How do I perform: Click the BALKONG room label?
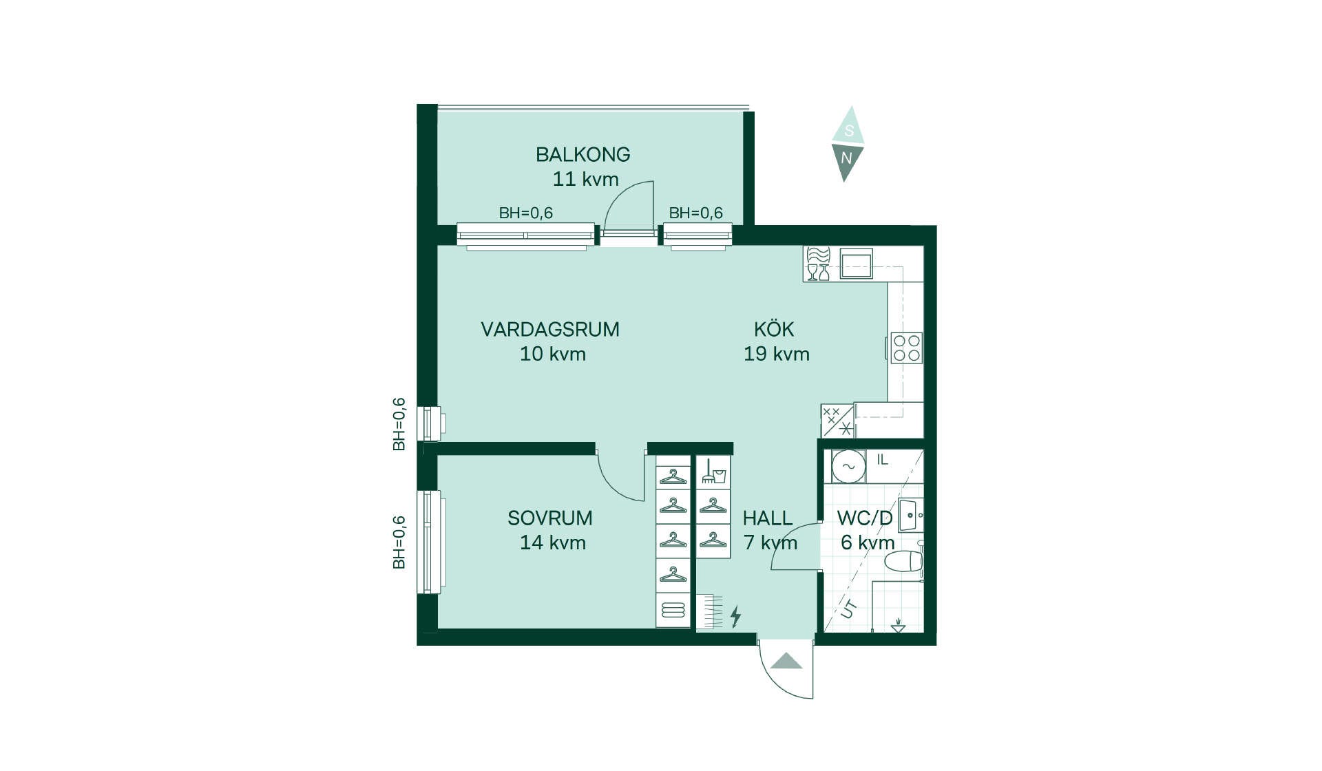click(583, 154)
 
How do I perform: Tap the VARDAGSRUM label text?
click(550, 329)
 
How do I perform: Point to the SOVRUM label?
click(550, 518)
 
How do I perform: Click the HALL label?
click(768, 518)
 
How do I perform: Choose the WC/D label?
click(865, 518)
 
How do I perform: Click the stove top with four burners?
click(906, 348)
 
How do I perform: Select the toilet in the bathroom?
click(903, 561)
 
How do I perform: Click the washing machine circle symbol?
click(848, 466)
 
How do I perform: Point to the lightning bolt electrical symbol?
click(735, 616)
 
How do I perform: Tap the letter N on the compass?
click(846, 158)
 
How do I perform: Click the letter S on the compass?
click(849, 131)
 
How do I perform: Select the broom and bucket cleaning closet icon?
click(713, 471)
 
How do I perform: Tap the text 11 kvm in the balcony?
click(585, 179)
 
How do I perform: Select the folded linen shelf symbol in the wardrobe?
click(673, 610)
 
